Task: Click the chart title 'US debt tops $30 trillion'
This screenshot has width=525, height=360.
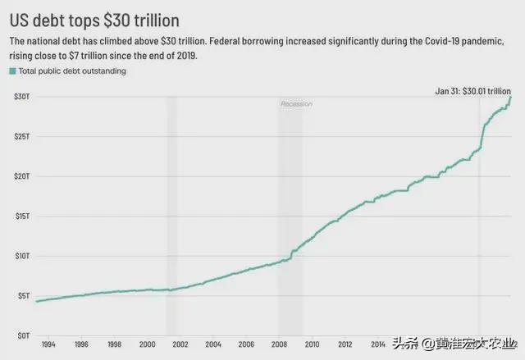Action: [94, 18]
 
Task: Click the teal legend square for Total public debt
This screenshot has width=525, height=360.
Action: [12, 71]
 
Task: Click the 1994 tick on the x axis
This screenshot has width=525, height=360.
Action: [48, 344]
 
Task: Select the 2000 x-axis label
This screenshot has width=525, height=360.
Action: [147, 344]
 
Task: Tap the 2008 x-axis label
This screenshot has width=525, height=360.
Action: [279, 344]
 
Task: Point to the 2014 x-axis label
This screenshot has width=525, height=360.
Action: [378, 344]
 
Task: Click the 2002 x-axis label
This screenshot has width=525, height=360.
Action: [180, 344]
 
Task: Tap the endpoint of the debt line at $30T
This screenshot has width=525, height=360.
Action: [510, 97]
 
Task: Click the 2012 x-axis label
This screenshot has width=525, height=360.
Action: [345, 344]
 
